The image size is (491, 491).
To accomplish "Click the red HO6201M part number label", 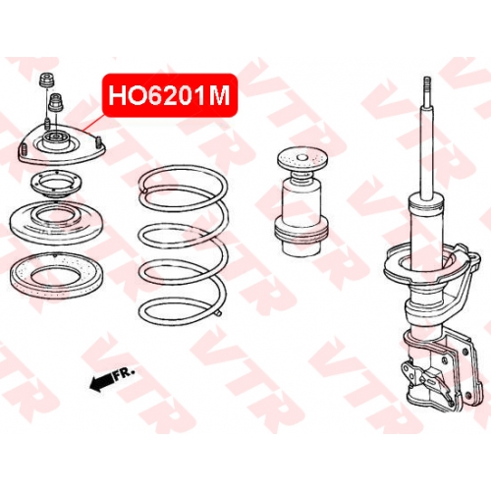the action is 170,95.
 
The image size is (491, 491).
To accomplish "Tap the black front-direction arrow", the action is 100,382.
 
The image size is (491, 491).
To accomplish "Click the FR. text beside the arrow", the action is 124,373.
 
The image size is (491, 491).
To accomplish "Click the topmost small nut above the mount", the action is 47,81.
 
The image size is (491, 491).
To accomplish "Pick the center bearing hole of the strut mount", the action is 56,136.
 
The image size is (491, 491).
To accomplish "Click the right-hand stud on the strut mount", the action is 98,142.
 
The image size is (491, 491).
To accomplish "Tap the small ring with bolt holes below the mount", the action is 56,184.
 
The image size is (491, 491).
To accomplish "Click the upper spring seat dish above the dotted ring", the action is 56,223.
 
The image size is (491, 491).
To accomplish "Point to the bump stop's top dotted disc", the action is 301,160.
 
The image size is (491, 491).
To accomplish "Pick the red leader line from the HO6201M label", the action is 93,124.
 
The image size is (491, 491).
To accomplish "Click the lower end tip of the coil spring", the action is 218,313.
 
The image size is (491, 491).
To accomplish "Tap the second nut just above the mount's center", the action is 56,102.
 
